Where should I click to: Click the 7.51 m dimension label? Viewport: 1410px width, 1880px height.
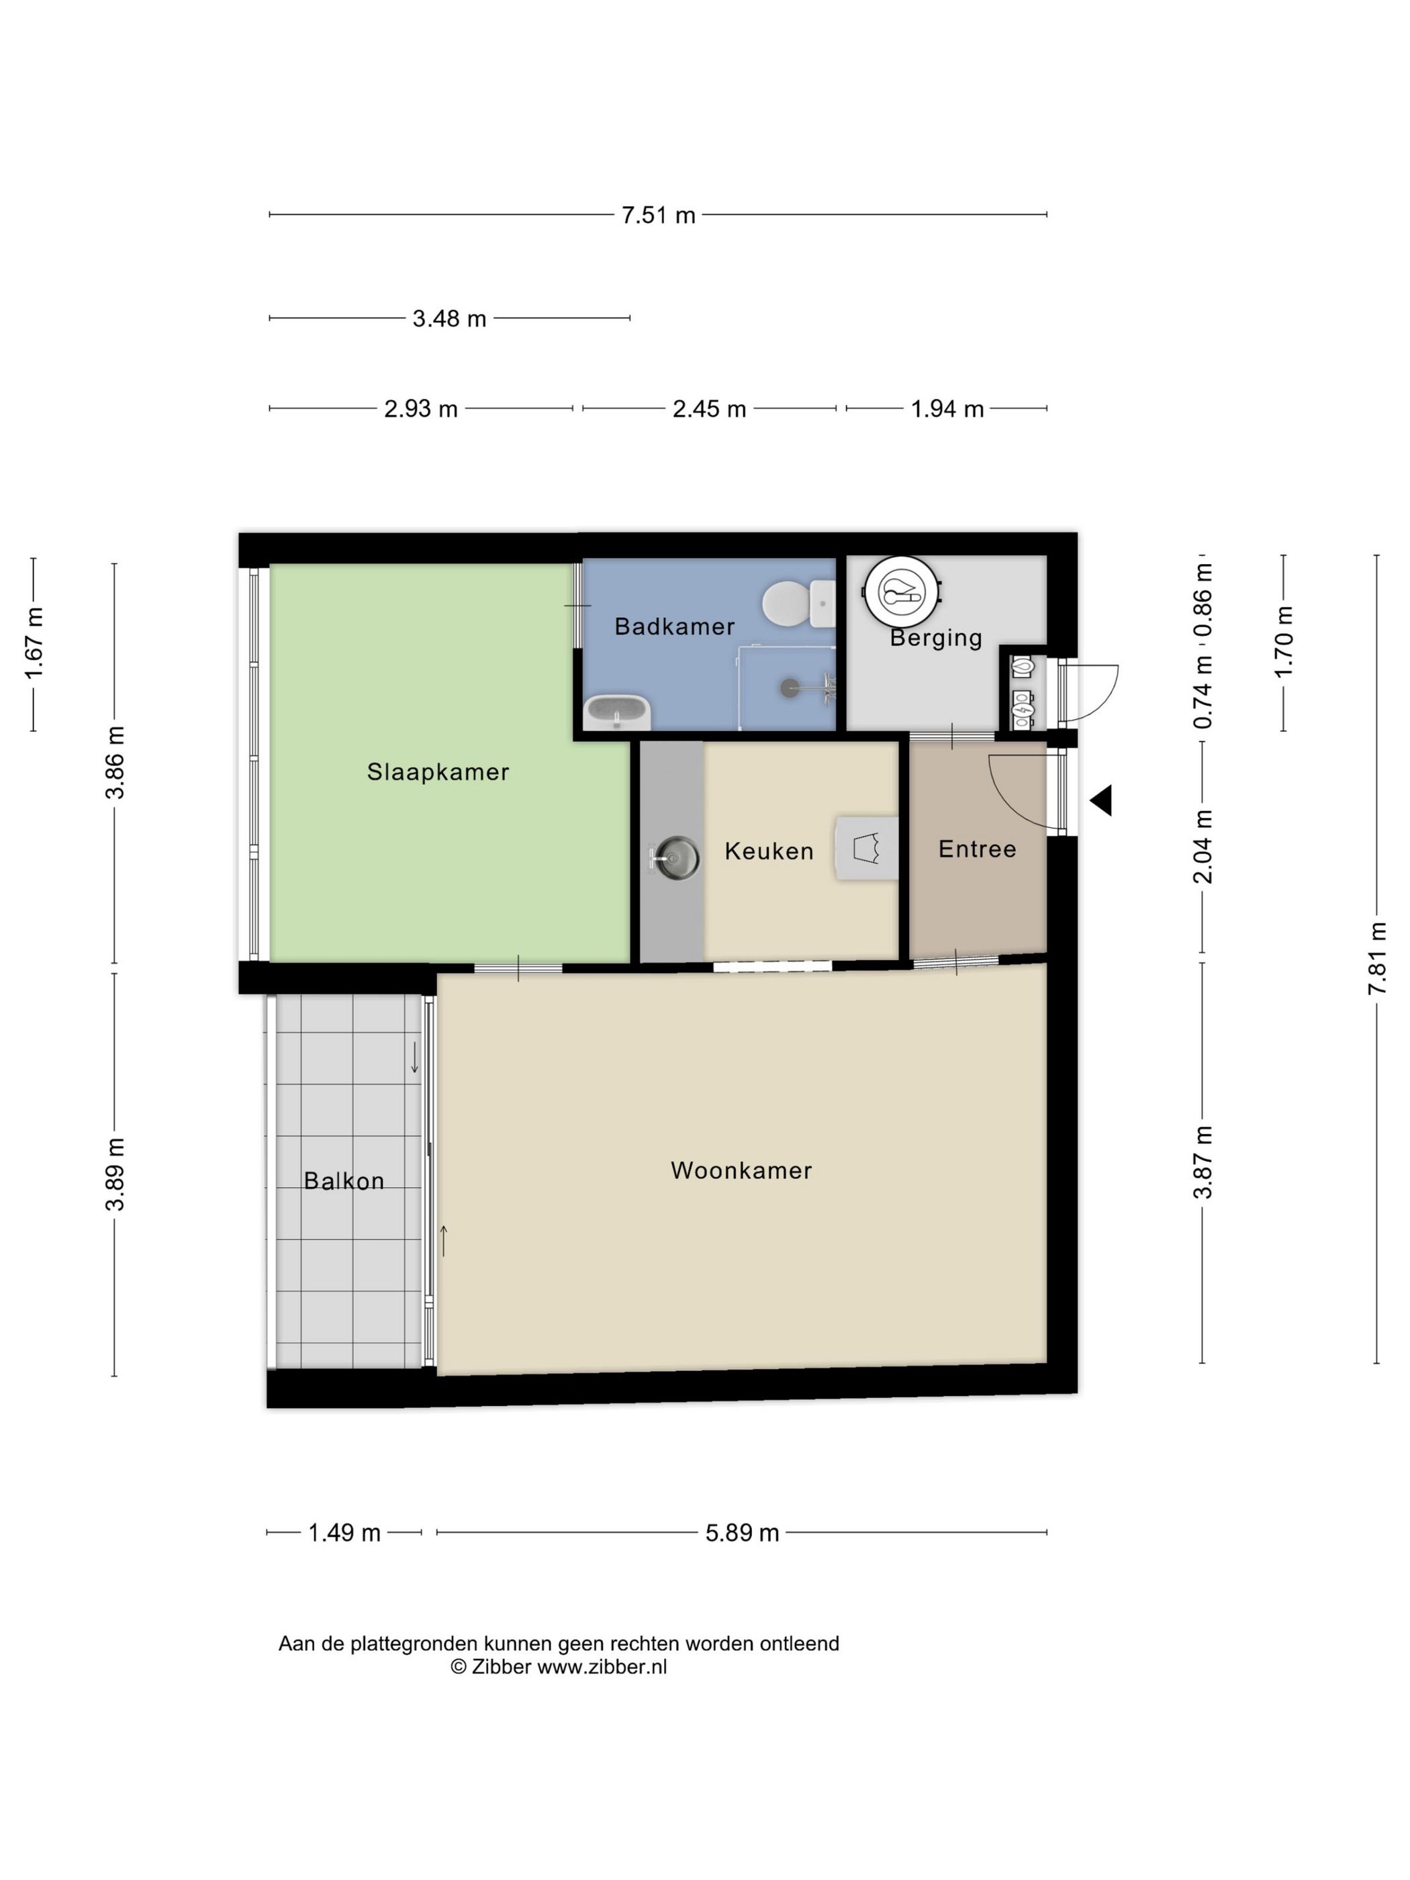pos(658,215)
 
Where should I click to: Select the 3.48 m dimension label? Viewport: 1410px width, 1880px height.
pos(449,319)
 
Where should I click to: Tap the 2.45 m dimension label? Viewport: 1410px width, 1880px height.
pos(709,409)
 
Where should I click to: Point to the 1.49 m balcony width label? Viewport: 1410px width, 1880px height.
pos(343,1532)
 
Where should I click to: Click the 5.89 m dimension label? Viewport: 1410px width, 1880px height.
pos(742,1532)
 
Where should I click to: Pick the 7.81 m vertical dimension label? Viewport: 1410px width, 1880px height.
pos(1377,958)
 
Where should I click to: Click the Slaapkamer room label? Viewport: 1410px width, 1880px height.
pos(438,771)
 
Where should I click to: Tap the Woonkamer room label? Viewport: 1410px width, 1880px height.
pos(741,1170)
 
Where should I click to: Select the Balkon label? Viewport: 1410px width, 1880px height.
pos(343,1180)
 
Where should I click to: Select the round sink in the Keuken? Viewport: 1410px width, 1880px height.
pos(677,857)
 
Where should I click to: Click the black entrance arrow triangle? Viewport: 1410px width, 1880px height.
pos(1102,800)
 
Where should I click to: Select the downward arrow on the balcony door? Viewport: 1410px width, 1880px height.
pos(414,1057)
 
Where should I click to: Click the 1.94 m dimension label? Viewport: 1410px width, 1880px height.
pos(947,409)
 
